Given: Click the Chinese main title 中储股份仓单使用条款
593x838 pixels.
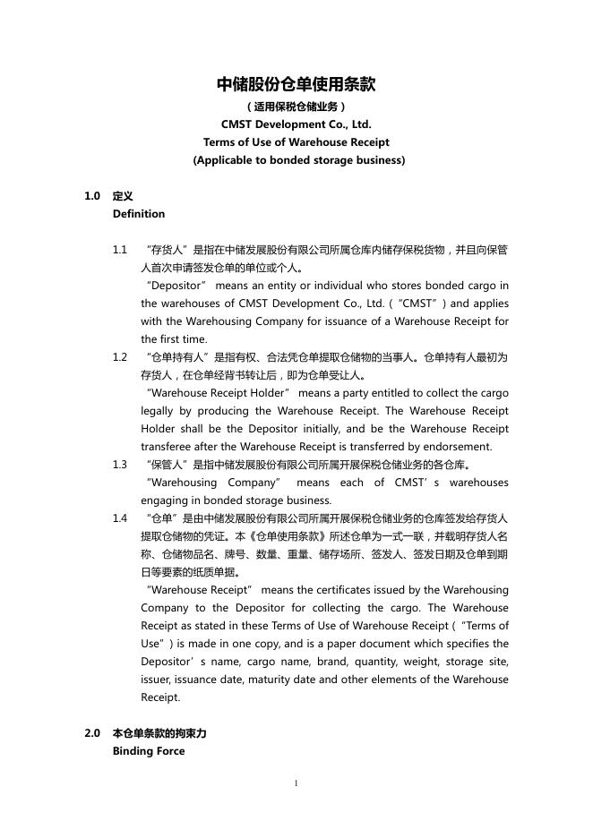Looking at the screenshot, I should click(296, 85).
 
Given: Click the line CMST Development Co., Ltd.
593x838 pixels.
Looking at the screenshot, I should click(296, 124).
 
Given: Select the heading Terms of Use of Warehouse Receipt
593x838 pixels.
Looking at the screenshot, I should click(296, 142).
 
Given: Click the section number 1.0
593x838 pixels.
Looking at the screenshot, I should click(92, 196).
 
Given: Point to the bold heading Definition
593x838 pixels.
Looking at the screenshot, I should click(139, 214).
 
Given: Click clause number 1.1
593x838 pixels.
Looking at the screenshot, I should click(120, 250).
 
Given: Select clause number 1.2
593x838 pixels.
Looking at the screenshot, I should click(120, 357).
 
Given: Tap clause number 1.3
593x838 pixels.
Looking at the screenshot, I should click(120, 465).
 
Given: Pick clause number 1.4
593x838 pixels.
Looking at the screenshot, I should click(120, 518).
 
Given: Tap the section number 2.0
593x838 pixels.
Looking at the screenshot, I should click(92, 733).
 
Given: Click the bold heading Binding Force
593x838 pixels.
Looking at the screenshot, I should click(149, 751).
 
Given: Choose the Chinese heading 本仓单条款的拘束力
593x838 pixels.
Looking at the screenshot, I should click(159, 733).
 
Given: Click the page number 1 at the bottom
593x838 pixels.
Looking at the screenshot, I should click(296, 783).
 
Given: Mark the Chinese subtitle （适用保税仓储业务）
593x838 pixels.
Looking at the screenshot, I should click(296, 107).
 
